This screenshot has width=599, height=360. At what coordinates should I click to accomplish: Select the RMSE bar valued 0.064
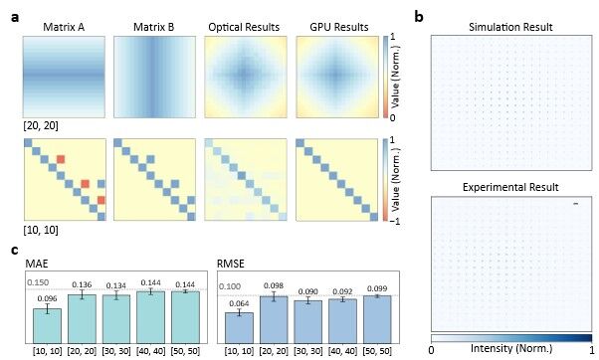click(239, 328)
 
